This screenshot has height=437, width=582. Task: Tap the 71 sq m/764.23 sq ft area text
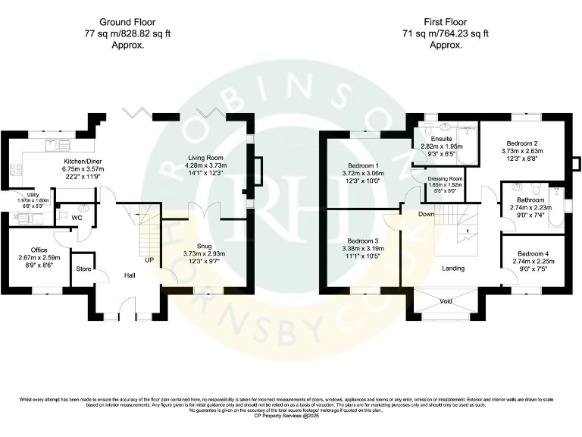point(446,34)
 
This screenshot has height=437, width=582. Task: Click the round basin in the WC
point(84,208)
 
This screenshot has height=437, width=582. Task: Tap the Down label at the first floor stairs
point(427,214)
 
